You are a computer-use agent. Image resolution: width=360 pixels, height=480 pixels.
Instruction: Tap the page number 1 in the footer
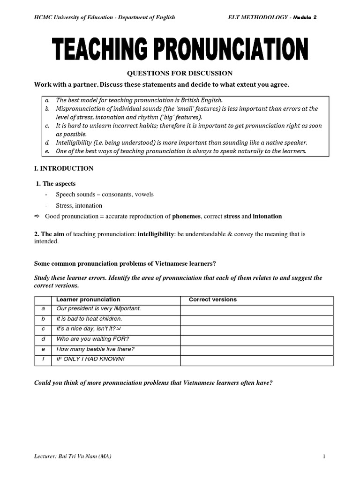324,457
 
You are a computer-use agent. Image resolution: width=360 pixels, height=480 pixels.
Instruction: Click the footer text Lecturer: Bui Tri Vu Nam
73,457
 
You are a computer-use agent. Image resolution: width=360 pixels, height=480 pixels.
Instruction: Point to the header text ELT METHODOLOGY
257,17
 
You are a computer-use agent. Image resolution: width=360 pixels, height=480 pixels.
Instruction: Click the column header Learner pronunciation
88,300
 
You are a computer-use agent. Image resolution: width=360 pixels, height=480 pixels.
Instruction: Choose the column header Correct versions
212,300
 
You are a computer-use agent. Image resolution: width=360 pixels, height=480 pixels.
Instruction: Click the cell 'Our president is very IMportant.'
98,308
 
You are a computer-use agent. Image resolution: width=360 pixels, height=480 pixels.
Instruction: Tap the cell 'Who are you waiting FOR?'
92,339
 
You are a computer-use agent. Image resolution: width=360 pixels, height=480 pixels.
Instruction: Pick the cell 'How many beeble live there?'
95,349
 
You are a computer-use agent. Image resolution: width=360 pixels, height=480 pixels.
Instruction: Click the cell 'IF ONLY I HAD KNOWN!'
90,359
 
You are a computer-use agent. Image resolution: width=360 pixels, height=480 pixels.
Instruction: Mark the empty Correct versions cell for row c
256,329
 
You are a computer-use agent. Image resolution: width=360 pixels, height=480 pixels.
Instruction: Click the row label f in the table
43,359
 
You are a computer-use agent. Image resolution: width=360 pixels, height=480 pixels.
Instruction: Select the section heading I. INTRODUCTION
64,169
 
